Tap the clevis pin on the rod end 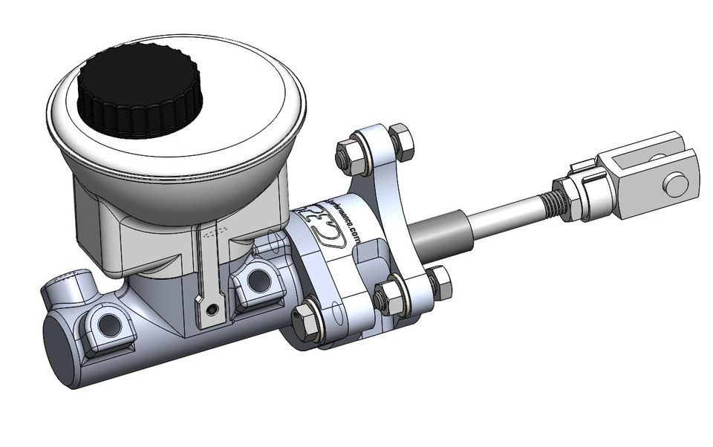675,184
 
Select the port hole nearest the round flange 258,281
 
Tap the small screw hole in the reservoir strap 213,308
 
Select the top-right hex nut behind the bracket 400,140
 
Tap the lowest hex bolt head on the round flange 307,322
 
